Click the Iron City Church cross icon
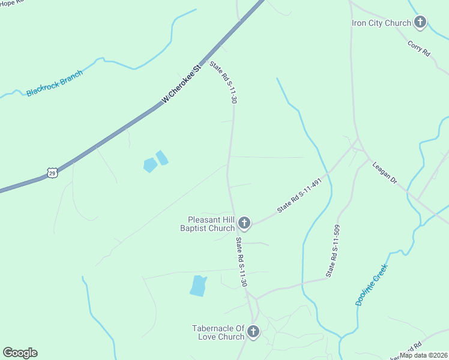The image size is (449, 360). (x=420, y=23)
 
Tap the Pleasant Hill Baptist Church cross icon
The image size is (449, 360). (x=244, y=223)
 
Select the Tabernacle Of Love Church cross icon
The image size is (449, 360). (x=253, y=332)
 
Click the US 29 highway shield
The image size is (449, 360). (x=52, y=173)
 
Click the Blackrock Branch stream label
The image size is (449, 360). (x=54, y=83)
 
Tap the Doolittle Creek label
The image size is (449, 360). (x=372, y=285)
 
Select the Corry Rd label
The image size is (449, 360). (x=419, y=49)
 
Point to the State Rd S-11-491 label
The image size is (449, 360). (x=304, y=196)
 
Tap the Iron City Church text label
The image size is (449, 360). (x=381, y=23)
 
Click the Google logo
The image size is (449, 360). (x=20, y=353)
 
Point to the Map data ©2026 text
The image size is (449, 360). (x=423, y=355)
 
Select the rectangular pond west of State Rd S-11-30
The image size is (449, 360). (x=198, y=286)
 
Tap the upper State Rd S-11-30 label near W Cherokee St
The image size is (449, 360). (x=223, y=82)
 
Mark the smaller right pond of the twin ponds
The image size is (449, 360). (x=162, y=158)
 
